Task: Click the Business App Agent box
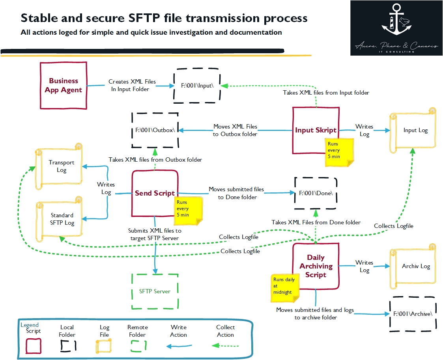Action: point(64,85)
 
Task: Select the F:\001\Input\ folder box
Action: point(197,85)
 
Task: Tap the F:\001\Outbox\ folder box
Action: point(155,130)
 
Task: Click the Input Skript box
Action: point(316,130)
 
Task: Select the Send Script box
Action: point(155,193)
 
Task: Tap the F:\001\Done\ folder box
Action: point(316,193)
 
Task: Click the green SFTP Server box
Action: point(155,291)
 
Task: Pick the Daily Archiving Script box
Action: point(316,266)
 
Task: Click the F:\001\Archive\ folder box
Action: point(413,314)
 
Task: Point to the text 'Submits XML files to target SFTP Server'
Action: point(154,234)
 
